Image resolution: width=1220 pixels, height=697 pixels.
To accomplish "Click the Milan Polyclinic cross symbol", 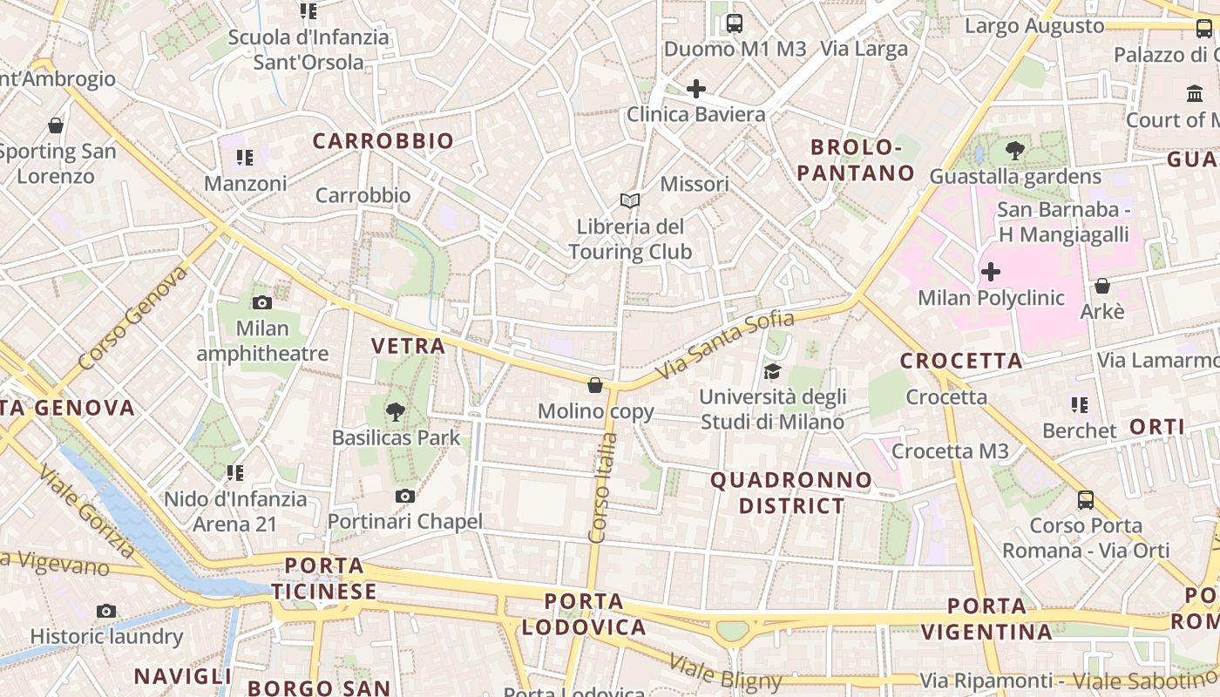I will point(990,272).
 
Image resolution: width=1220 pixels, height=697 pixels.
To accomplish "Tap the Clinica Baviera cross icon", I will point(695,89).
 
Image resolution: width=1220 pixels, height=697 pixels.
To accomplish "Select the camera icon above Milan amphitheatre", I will point(261,303).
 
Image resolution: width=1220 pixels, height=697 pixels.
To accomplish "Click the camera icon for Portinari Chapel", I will point(404,497).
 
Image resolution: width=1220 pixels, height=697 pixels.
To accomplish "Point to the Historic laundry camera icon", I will point(106,611).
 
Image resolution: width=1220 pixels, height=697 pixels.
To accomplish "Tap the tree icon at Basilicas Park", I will point(396,411).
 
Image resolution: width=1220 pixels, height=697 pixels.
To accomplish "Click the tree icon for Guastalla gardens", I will point(1014,151).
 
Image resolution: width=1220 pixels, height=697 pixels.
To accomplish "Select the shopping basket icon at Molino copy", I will point(595,385).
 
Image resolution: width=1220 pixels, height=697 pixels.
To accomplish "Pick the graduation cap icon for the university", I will point(772,372).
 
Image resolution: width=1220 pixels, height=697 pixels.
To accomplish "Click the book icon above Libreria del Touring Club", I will point(629,200).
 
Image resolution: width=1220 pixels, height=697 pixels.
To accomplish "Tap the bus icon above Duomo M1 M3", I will point(734,24).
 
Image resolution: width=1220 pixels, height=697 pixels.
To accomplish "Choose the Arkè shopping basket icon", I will point(1101,286).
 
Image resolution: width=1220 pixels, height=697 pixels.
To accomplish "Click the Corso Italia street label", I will point(603,488).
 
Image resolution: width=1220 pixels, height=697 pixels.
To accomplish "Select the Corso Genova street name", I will point(132,318).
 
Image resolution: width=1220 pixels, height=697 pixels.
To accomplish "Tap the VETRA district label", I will point(408,346).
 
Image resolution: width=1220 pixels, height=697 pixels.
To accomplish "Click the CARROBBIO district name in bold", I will point(383,141).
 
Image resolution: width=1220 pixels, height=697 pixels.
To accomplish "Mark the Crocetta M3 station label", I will point(950,451).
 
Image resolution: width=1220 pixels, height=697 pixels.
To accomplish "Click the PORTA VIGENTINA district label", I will point(986,619).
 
